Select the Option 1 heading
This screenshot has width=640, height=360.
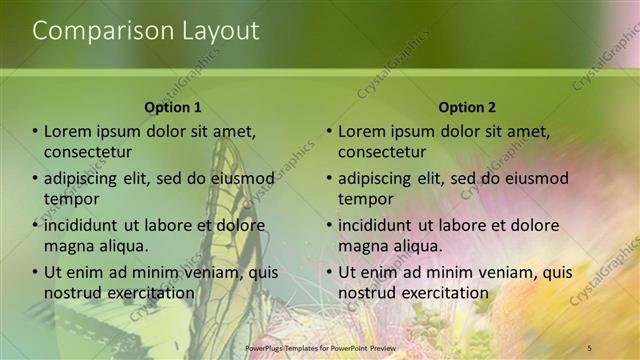173,107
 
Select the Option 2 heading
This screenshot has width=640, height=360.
466,107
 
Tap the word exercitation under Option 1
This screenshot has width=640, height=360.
148,292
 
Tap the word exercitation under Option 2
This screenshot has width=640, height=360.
442,292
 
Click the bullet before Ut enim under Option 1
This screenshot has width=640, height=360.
35,272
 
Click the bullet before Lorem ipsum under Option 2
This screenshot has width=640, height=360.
329,131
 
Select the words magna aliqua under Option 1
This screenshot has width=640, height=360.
96,245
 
